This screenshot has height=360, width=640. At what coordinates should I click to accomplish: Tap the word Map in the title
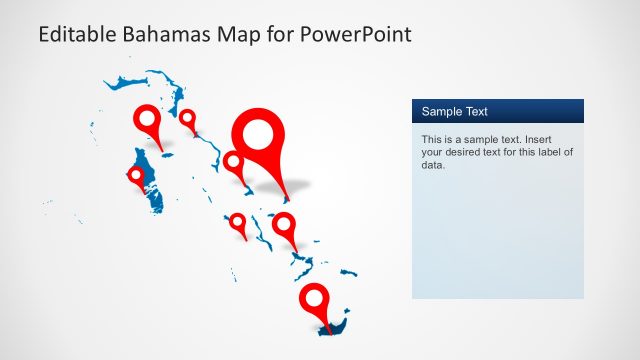(236, 34)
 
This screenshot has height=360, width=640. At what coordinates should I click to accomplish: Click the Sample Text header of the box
(455, 111)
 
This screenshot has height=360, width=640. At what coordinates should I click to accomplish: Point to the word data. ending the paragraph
(433, 165)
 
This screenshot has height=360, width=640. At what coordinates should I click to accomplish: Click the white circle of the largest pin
(259, 132)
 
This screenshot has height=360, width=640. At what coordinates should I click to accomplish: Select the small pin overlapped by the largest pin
(234, 162)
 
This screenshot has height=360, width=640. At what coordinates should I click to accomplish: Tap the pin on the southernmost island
(316, 300)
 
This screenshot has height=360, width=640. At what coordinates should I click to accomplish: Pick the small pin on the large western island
(137, 177)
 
